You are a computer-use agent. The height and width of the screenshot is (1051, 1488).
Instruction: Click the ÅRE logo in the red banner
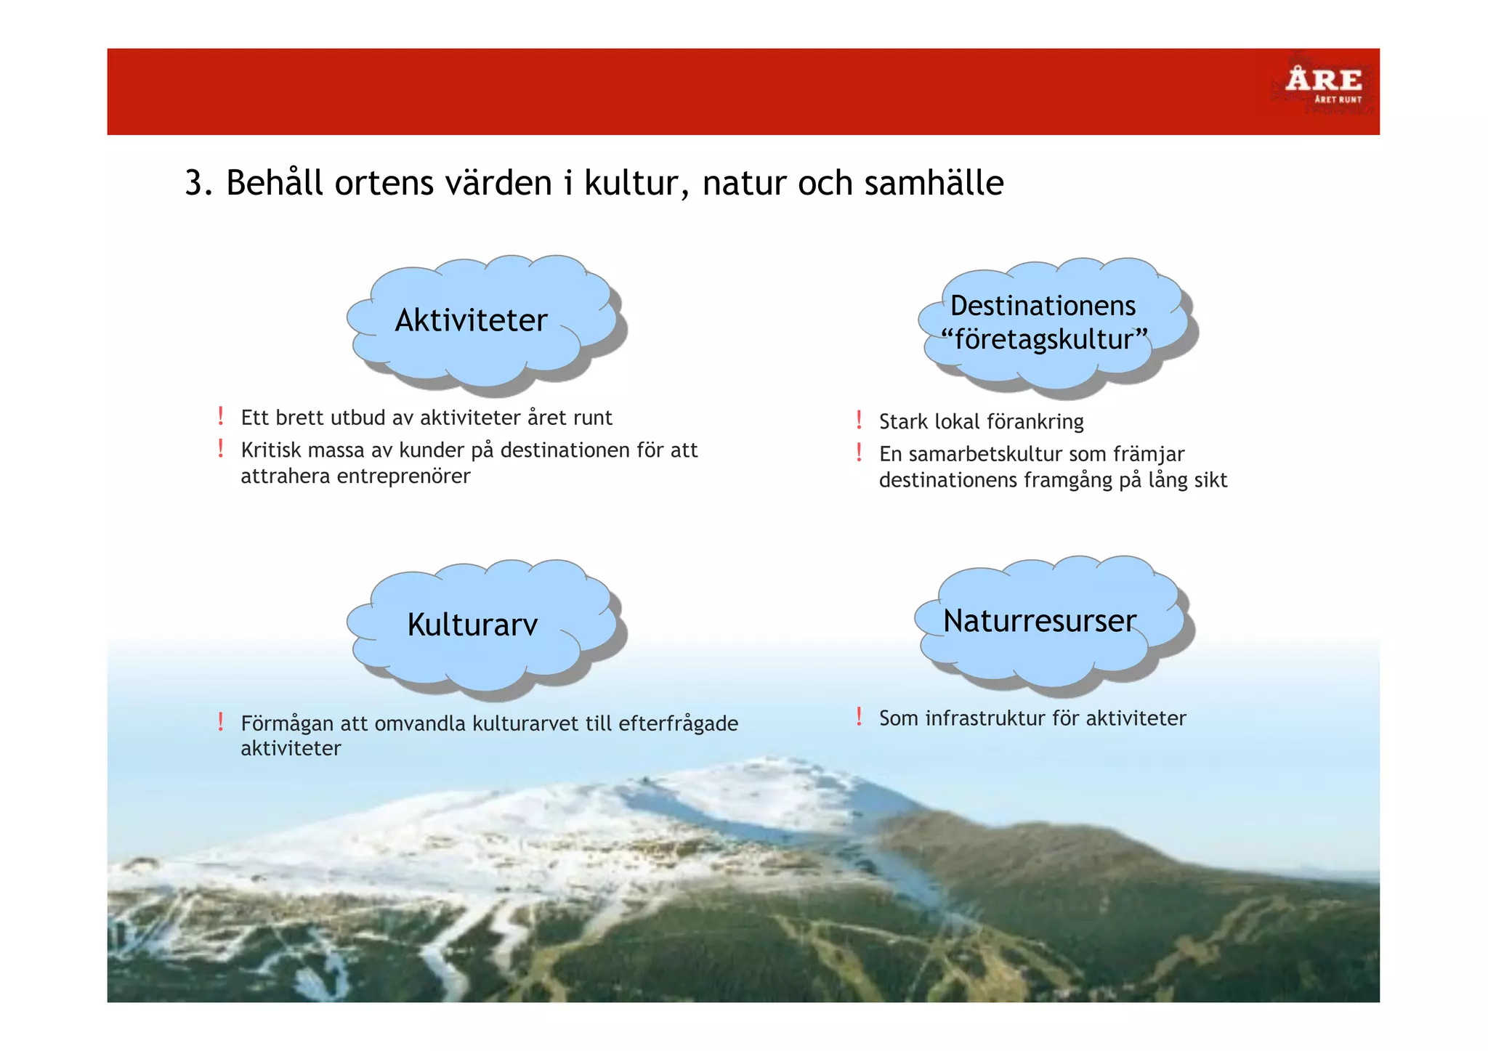1322,84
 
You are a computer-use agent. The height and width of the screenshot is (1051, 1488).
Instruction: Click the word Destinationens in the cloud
1043,306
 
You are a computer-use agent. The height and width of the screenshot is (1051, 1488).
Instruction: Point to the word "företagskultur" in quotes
1044,339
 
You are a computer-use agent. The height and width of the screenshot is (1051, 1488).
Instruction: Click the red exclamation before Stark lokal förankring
859,420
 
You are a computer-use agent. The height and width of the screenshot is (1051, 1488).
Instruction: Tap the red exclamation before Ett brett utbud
220,416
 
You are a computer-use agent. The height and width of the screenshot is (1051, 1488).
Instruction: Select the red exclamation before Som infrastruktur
859,716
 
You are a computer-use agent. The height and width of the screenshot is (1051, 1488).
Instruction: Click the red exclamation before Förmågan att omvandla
220,721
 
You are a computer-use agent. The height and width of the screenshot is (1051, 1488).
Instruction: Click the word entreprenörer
403,476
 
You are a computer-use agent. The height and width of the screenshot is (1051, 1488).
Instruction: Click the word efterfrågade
678,724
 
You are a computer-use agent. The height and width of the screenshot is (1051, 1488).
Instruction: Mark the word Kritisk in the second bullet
266,450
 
